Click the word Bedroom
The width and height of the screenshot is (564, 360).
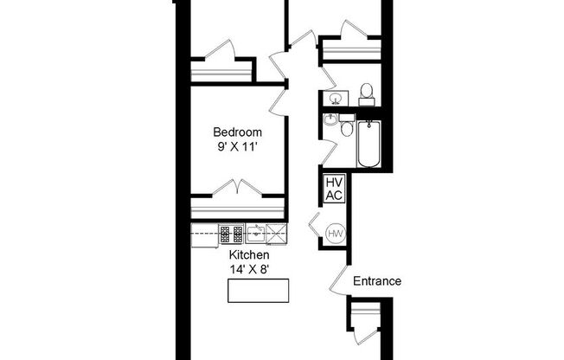pos(238,132)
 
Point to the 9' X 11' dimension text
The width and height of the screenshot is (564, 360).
pos(238,147)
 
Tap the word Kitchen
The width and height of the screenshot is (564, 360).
pos(249,255)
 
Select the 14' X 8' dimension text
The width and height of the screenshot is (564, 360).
pos(249,269)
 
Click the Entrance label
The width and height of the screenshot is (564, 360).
pos(377,281)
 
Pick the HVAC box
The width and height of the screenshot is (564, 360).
pos(334,190)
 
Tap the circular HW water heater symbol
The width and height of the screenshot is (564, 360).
pos(335,234)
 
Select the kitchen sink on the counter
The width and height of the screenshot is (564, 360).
pos(256,232)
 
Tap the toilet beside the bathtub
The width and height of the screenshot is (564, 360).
pos(347,131)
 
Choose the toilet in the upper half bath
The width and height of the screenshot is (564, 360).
pos(366,93)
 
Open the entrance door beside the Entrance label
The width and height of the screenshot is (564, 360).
pos(338,279)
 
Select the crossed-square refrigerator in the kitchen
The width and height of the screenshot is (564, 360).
pos(276,232)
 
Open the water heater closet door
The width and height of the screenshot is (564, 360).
pos(314,224)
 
